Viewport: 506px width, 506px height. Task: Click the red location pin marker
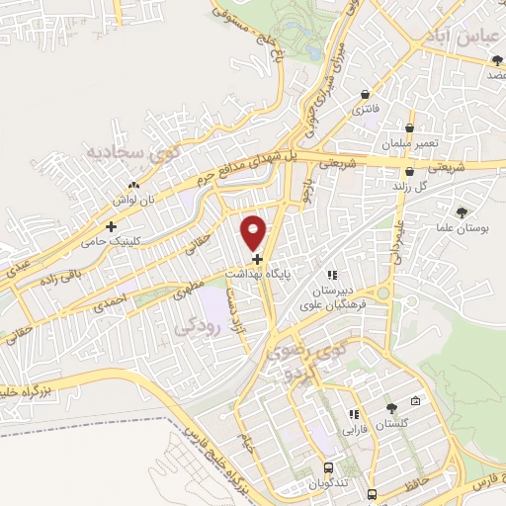point(253,232)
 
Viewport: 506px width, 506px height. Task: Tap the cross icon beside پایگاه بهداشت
point(257,259)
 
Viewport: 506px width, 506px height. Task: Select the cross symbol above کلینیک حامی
point(124,226)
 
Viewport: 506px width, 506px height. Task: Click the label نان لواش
point(132,199)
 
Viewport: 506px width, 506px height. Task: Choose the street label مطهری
point(190,288)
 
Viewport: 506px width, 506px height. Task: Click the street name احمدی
point(117,300)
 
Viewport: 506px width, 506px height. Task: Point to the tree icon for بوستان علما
point(462,212)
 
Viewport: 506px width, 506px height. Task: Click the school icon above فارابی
point(352,416)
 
